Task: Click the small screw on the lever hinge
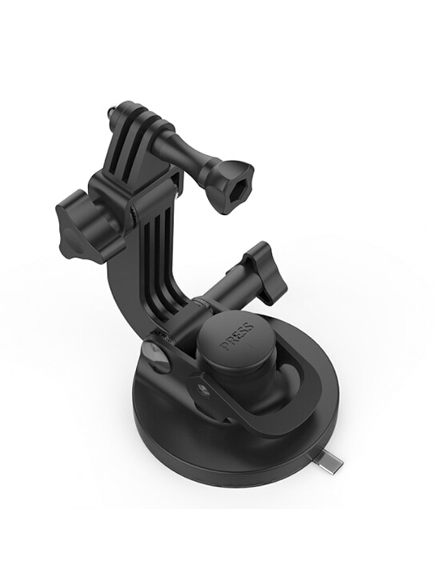coord(204,391)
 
